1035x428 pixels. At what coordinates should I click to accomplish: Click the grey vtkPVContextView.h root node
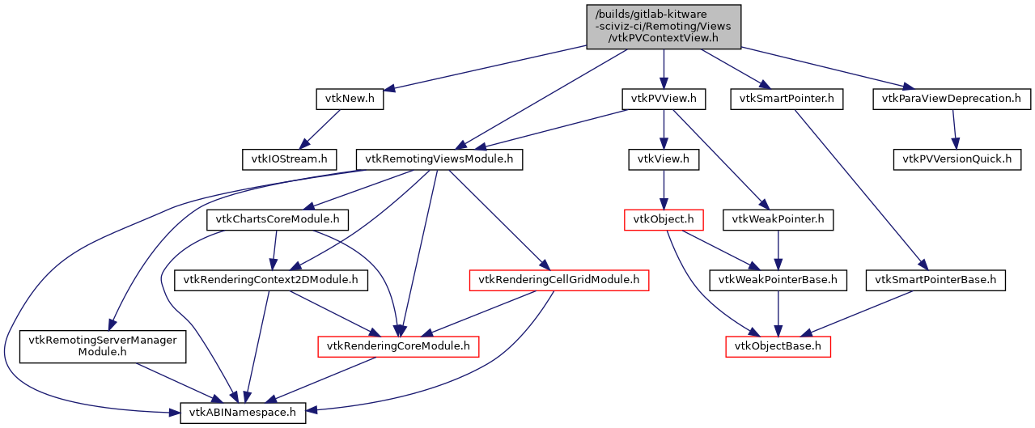click(663, 26)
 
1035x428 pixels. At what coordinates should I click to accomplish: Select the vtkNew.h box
click(350, 100)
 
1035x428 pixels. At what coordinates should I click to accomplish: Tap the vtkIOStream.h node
click(288, 159)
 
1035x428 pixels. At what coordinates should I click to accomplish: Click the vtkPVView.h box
click(664, 100)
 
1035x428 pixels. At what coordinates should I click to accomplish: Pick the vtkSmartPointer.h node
click(787, 100)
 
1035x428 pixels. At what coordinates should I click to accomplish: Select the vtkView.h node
click(664, 159)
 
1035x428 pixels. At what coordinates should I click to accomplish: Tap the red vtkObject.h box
click(664, 219)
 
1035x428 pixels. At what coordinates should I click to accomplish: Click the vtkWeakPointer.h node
click(778, 219)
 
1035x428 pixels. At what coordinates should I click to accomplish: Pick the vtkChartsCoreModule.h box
click(278, 219)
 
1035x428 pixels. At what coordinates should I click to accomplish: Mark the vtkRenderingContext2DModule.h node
click(271, 280)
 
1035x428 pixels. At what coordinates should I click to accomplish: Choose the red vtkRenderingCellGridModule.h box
click(559, 280)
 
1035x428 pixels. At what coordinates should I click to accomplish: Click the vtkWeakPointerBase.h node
click(778, 280)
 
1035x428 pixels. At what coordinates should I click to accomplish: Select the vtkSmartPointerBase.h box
click(935, 280)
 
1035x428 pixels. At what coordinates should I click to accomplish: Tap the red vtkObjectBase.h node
click(778, 346)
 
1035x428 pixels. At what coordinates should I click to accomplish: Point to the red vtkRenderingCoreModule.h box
click(398, 346)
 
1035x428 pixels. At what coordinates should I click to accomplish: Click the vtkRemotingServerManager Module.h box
click(103, 346)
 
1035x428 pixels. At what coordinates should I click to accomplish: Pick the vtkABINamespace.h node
click(243, 413)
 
